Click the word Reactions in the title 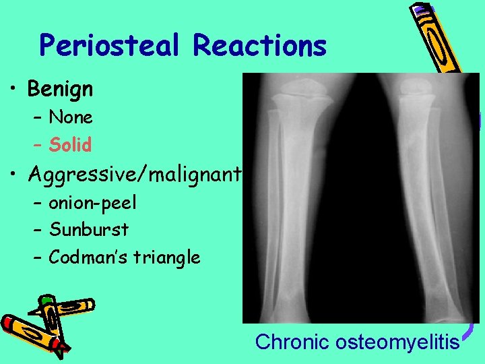(x=259, y=46)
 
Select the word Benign (x=60, y=88)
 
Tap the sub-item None (x=71, y=117)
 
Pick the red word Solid (x=70, y=144)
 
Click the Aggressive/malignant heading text (x=135, y=175)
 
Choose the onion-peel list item (x=92, y=202)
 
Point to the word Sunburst (x=89, y=229)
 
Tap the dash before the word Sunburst (x=37, y=230)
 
